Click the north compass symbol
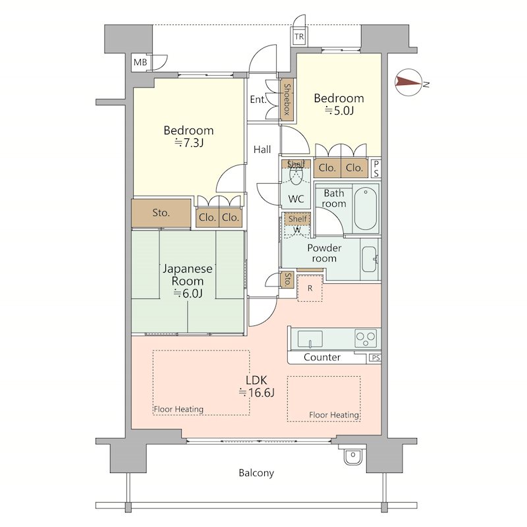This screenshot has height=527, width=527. click(x=408, y=82)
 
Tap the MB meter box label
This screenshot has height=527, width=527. click(x=140, y=62)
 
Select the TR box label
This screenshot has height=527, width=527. click(x=299, y=37)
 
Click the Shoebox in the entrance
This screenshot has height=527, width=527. click(x=287, y=99)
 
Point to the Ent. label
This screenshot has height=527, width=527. click(x=258, y=99)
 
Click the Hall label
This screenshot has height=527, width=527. click(x=262, y=150)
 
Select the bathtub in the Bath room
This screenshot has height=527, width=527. click(x=366, y=209)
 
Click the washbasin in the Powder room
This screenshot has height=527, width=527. click(x=370, y=260)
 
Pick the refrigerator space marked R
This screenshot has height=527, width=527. click(x=310, y=288)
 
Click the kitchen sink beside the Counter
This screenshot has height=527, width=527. click(x=310, y=339)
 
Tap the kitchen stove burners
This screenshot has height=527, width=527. click(x=366, y=338)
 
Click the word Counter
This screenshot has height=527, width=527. click(x=322, y=357)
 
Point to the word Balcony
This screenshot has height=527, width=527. click(x=256, y=473)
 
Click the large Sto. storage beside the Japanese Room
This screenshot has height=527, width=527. click(x=161, y=213)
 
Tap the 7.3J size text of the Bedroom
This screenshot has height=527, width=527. click(x=188, y=143)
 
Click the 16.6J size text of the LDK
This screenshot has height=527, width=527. click(x=257, y=393)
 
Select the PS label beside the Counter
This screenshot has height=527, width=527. click(x=375, y=358)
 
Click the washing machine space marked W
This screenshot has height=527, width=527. click(x=297, y=230)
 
